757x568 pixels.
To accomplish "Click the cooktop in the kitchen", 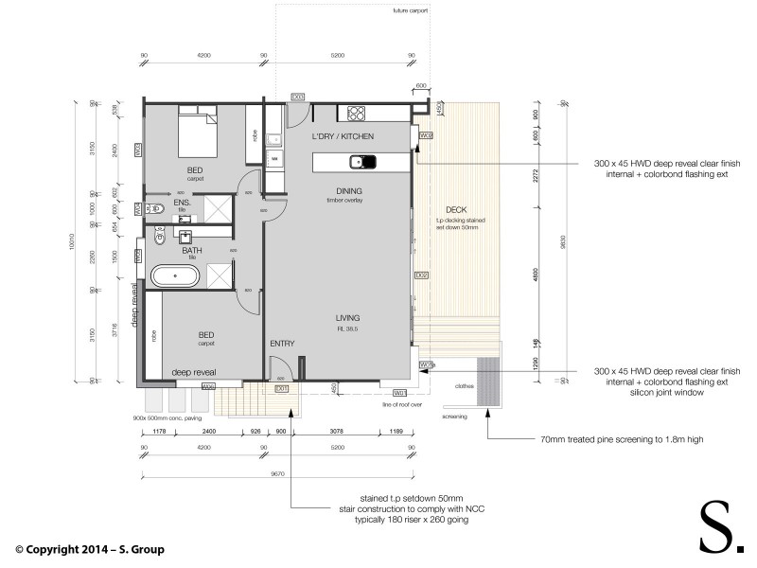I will point(357,114).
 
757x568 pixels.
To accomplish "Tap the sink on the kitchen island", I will point(361,162).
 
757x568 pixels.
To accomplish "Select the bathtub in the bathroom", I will point(176,278).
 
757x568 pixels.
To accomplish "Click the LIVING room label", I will point(348,317).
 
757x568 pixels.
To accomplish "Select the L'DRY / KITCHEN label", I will point(343,137).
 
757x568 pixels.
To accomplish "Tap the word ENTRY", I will point(283,344).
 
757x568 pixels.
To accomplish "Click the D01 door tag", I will point(281,388).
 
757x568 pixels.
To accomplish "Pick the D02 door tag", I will point(422,275).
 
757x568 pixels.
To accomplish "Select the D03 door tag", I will point(297,97).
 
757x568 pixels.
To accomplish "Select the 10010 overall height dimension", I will point(70,243).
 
